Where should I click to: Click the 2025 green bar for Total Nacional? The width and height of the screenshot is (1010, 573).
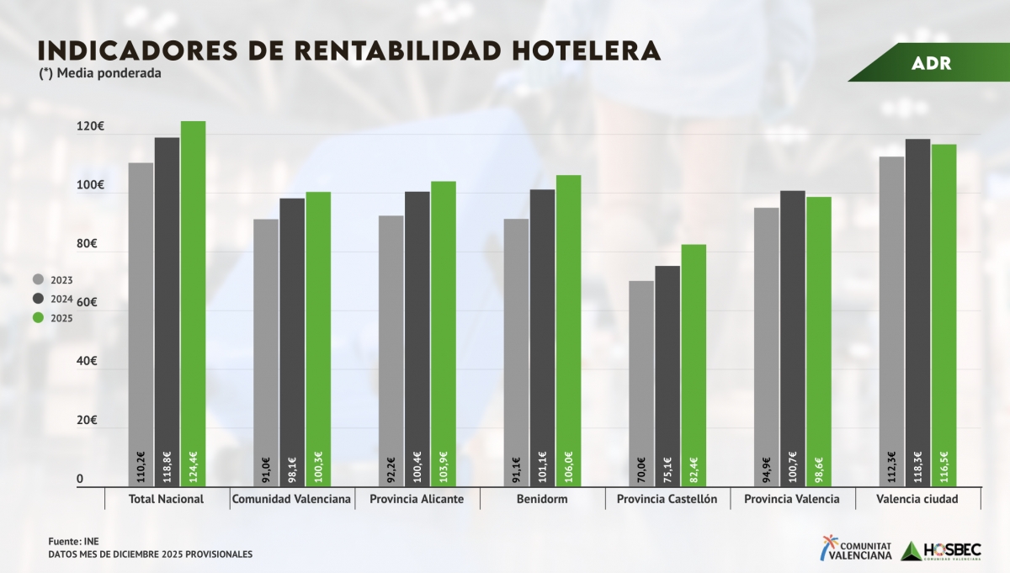click(193, 303)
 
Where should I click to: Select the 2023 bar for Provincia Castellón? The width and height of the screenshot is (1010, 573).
click(641, 383)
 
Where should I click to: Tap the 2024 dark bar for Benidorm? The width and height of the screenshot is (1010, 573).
click(542, 337)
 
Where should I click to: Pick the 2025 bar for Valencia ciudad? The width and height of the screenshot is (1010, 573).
click(944, 315)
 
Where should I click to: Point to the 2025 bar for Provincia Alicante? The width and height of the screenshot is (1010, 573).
click(444, 333)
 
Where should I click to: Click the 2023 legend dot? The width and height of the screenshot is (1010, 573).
click(38, 279)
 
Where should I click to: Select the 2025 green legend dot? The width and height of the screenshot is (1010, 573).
click(38, 318)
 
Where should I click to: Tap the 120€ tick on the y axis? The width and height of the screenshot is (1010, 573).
click(89, 126)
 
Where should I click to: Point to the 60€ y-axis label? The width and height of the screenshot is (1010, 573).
click(86, 302)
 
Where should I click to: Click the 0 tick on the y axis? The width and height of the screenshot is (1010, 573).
click(80, 479)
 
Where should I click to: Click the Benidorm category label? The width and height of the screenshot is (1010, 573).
click(543, 499)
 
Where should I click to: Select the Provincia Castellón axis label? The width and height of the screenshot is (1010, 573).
click(667, 499)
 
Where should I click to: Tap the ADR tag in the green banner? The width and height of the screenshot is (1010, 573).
click(931, 64)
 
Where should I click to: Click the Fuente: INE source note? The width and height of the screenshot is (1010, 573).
click(67, 541)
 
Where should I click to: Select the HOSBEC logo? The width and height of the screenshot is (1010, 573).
click(941, 550)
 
